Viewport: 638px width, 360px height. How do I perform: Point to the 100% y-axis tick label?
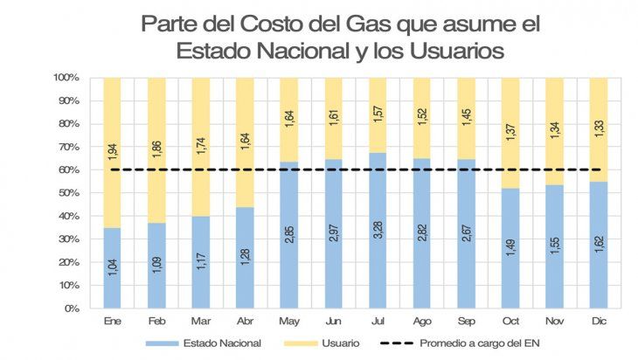tap(66, 78)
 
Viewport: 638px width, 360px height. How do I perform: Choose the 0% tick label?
tap(71, 308)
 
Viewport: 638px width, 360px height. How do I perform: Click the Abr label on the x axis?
tap(245, 321)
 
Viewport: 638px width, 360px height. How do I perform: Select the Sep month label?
tap(466, 321)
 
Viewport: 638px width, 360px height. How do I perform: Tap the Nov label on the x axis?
tap(554, 321)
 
